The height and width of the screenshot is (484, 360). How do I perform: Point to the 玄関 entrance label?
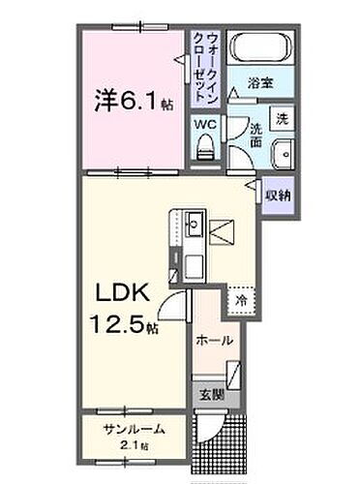point(212,396)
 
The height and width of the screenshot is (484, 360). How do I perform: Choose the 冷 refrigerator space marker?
point(239,301)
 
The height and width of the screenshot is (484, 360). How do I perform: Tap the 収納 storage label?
point(279,194)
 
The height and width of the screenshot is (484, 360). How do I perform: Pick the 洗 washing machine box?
point(280,119)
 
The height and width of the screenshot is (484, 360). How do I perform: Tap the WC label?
point(206,124)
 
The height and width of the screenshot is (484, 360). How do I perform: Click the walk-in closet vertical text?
point(206,66)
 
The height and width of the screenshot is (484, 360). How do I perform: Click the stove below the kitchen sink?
point(191,261)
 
